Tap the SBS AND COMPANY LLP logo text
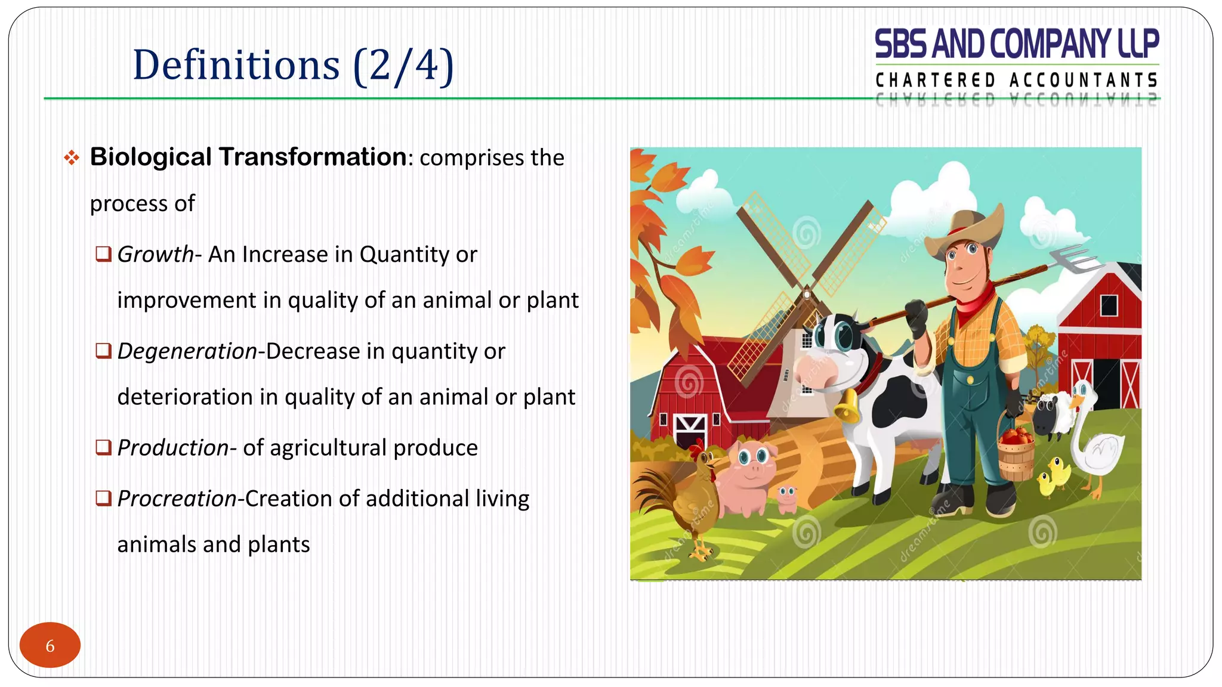click(1016, 45)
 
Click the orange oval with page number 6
click(50, 645)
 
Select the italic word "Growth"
click(155, 255)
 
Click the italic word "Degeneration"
click(187, 351)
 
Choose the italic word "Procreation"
click(177, 499)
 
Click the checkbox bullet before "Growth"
click(103, 255)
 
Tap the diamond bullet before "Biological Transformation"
click(72, 158)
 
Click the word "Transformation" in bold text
click(313, 157)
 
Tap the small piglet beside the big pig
click(787, 499)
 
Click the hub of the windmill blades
click(807, 294)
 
